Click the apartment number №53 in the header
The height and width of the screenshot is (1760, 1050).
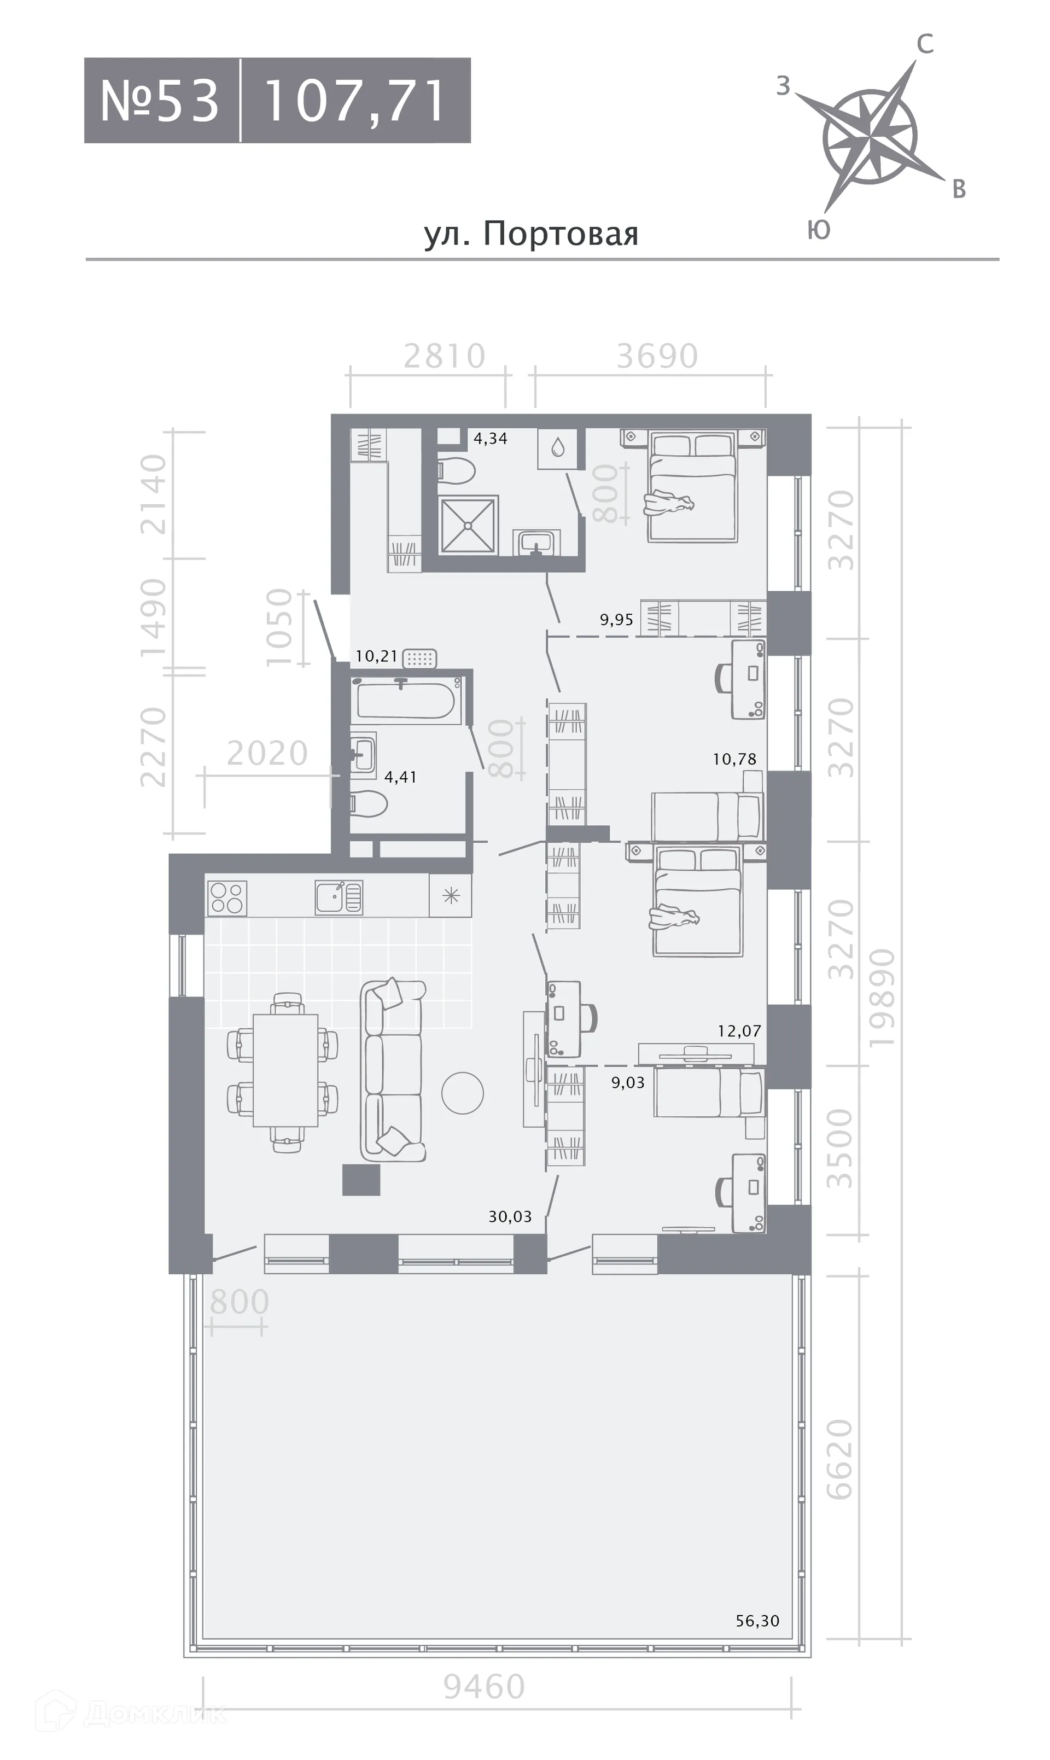pos(160,101)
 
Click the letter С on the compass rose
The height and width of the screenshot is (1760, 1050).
pos(925,44)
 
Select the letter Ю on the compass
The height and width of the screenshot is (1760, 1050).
pos(819,230)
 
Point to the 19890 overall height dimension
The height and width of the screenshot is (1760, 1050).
pos(882,999)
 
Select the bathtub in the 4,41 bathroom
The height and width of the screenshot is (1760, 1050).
pos(406,700)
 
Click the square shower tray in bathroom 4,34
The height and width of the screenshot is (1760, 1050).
pos(468,525)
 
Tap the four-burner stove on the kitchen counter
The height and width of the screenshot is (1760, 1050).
pos(226,899)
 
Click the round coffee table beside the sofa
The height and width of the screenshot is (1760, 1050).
pos(463,1093)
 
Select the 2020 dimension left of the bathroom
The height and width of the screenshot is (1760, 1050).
pos(267,753)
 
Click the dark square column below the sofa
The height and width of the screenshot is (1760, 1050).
pos(361,1180)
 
